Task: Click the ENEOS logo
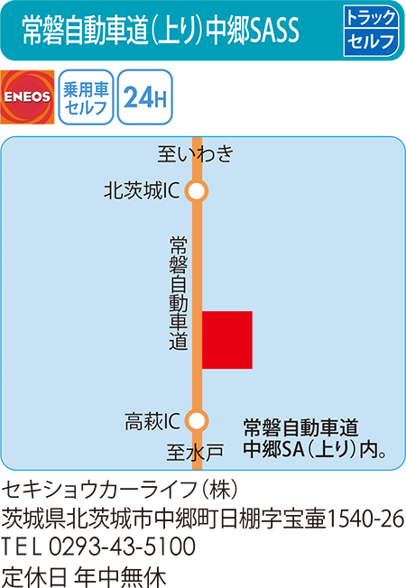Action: pyautogui.click(x=28, y=96)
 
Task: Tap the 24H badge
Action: pyautogui.click(x=143, y=97)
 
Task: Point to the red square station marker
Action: pyautogui.click(x=226, y=340)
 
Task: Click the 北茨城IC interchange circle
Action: pyautogui.click(x=197, y=190)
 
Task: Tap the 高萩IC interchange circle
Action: pyautogui.click(x=197, y=420)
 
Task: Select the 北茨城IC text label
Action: pyautogui.click(x=143, y=190)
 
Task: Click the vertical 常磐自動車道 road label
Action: pyautogui.click(x=178, y=293)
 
